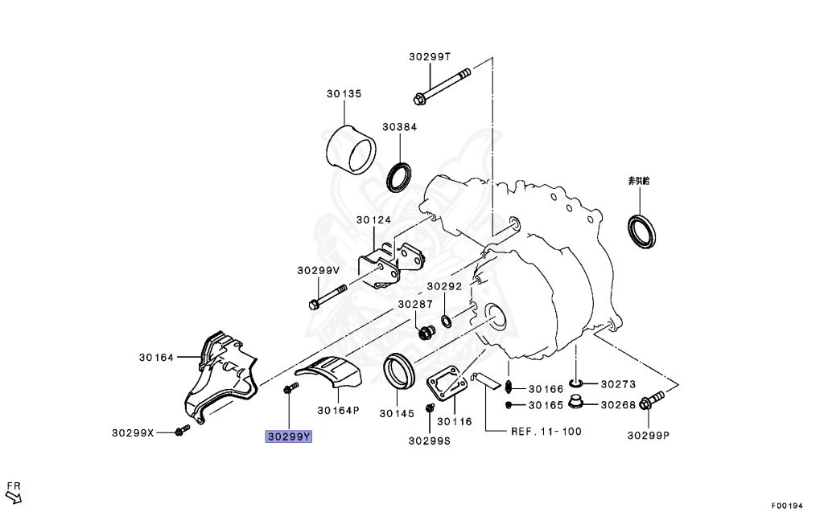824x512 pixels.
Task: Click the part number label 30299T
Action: point(430,56)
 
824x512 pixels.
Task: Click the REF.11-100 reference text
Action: point(546,431)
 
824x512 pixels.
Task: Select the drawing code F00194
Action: point(787,506)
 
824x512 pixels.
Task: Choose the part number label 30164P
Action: point(338,410)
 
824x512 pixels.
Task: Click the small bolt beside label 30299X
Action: point(179,432)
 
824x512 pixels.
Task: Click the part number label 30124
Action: point(374,219)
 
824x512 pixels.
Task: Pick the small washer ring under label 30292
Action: point(447,322)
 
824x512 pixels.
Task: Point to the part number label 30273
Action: point(618,384)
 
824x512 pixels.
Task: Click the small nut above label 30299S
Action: point(428,421)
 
